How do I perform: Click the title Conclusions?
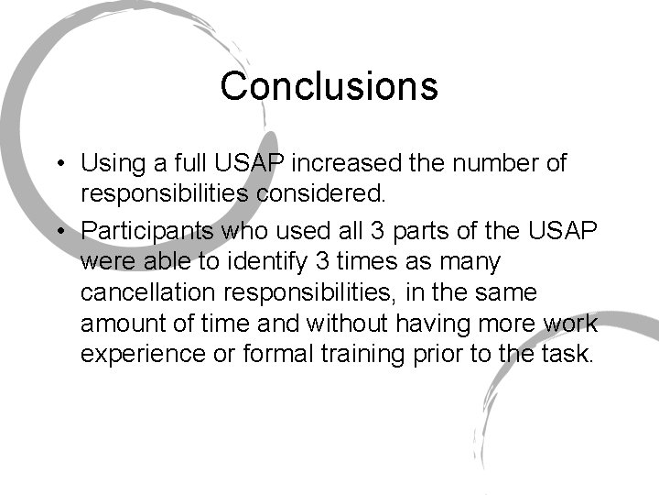(329, 86)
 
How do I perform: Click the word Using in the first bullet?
(110, 165)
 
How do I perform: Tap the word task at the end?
(569, 354)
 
